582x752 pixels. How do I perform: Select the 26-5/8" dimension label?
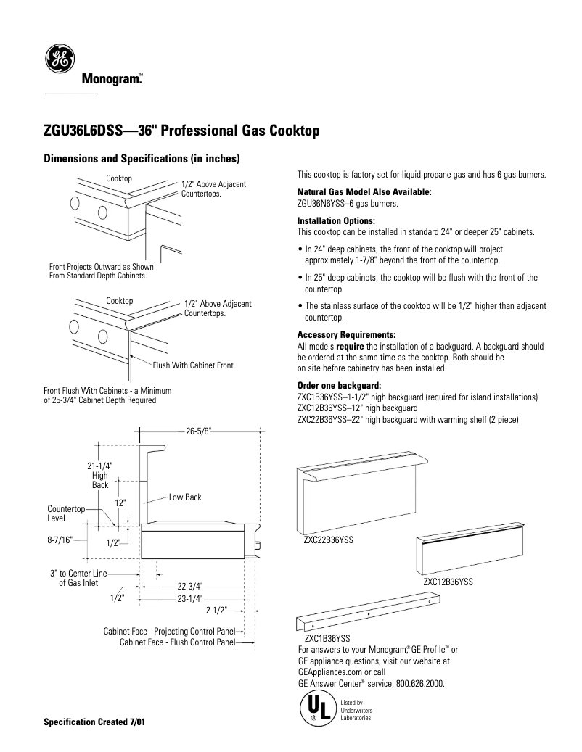pyautogui.click(x=198, y=430)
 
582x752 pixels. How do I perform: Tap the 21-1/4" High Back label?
pyautogui.click(x=100, y=476)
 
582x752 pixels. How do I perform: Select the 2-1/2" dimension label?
pyautogui.click(x=217, y=610)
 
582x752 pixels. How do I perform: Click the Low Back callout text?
pyautogui.click(x=185, y=497)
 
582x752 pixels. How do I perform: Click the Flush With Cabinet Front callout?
pyautogui.click(x=192, y=365)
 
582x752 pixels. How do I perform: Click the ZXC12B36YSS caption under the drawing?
pyautogui.click(x=448, y=582)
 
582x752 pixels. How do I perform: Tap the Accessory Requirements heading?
pyautogui.click(x=346, y=335)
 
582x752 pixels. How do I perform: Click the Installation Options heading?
pyautogui.click(x=336, y=220)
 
